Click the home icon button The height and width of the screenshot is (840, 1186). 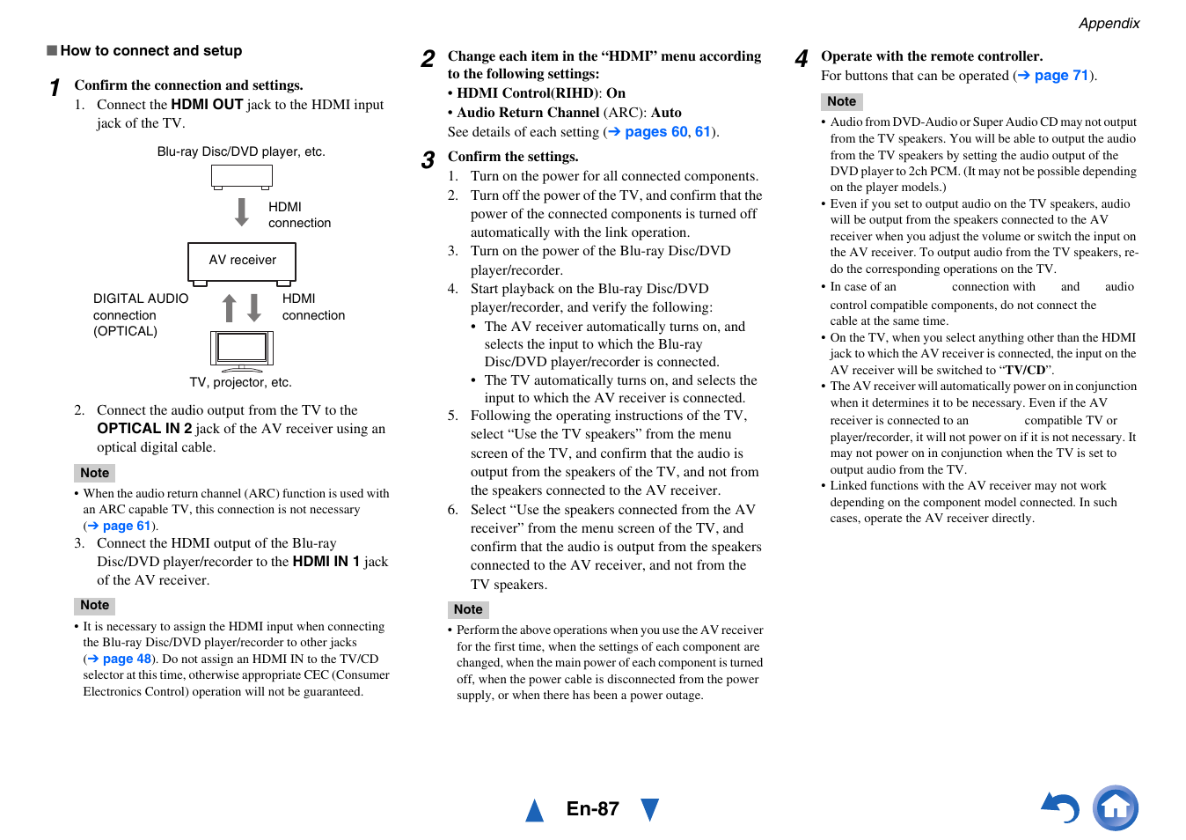[x=1115, y=807]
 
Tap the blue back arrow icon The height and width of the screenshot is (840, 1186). [x=1060, y=807]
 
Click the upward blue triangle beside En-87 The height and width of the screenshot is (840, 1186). [x=534, y=810]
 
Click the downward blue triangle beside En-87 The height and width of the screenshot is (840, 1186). [x=649, y=809]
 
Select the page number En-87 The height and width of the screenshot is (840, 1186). [x=592, y=809]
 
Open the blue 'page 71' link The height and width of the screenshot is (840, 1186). [x=1060, y=76]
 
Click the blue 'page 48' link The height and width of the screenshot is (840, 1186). [x=126, y=659]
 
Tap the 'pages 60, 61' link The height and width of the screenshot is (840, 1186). [x=667, y=132]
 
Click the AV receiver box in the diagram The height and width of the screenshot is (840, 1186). [x=242, y=261]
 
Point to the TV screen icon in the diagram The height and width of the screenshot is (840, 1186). [x=242, y=348]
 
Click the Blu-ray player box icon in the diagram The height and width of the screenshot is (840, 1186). [x=242, y=176]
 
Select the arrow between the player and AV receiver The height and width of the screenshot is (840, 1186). [x=242, y=212]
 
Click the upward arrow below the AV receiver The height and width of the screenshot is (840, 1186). [x=230, y=308]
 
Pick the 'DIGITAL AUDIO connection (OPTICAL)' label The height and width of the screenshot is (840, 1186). [x=140, y=315]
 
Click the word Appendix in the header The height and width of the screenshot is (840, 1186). [x=1109, y=24]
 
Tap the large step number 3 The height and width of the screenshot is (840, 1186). [x=428, y=160]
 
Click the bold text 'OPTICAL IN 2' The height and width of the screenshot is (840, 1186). [x=144, y=429]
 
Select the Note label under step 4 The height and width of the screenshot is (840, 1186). [x=841, y=101]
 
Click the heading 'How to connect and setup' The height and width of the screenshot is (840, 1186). [x=150, y=51]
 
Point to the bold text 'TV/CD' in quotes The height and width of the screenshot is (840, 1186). [x=1026, y=371]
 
